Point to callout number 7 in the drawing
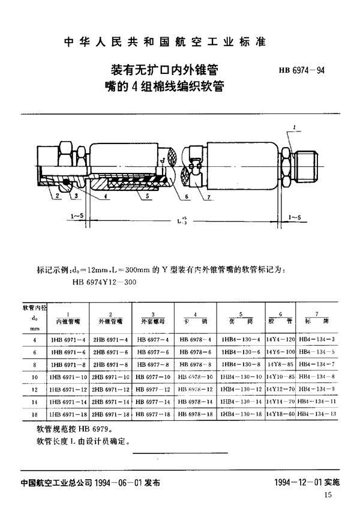[207, 196]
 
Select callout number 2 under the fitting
[58, 196]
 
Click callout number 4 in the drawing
[105, 196]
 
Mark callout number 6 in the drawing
[188, 196]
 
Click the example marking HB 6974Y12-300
[104, 280]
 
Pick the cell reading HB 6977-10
[154, 377]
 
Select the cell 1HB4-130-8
[241, 365]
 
